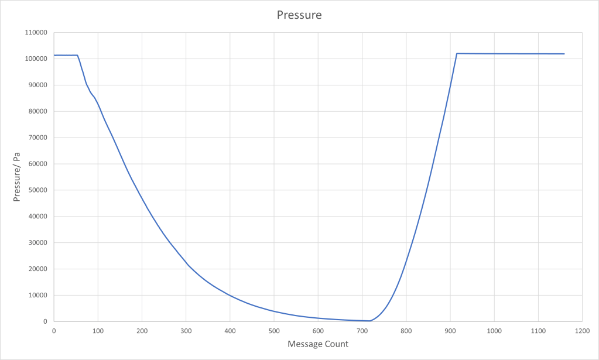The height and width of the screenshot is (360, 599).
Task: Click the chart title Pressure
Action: [299, 15]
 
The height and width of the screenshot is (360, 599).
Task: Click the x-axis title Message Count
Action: [318, 344]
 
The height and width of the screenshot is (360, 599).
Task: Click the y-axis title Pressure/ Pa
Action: [18, 177]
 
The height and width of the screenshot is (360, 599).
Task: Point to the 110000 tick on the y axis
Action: [36, 33]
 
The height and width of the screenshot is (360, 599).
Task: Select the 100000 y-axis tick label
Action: [36, 59]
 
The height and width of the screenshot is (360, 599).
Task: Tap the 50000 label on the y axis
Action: [37, 190]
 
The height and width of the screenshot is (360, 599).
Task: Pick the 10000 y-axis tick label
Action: [37, 296]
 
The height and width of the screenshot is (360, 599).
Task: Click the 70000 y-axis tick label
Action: [37, 138]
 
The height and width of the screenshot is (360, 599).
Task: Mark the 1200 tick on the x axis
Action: [582, 331]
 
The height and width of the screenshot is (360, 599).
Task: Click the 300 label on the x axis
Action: [186, 331]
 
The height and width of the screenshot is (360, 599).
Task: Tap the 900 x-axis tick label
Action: [450, 331]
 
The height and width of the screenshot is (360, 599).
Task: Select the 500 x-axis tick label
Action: [274, 331]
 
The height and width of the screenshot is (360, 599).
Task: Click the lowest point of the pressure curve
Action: [369, 321]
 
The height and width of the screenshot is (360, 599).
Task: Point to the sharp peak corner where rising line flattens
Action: [457, 53]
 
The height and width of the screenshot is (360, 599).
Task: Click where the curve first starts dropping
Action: [77, 55]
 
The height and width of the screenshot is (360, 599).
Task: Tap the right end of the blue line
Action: [564, 54]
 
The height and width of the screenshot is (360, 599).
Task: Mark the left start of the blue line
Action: [54, 55]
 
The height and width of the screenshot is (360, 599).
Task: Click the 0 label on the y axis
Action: [45, 322]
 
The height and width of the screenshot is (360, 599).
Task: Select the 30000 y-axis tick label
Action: [37, 243]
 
